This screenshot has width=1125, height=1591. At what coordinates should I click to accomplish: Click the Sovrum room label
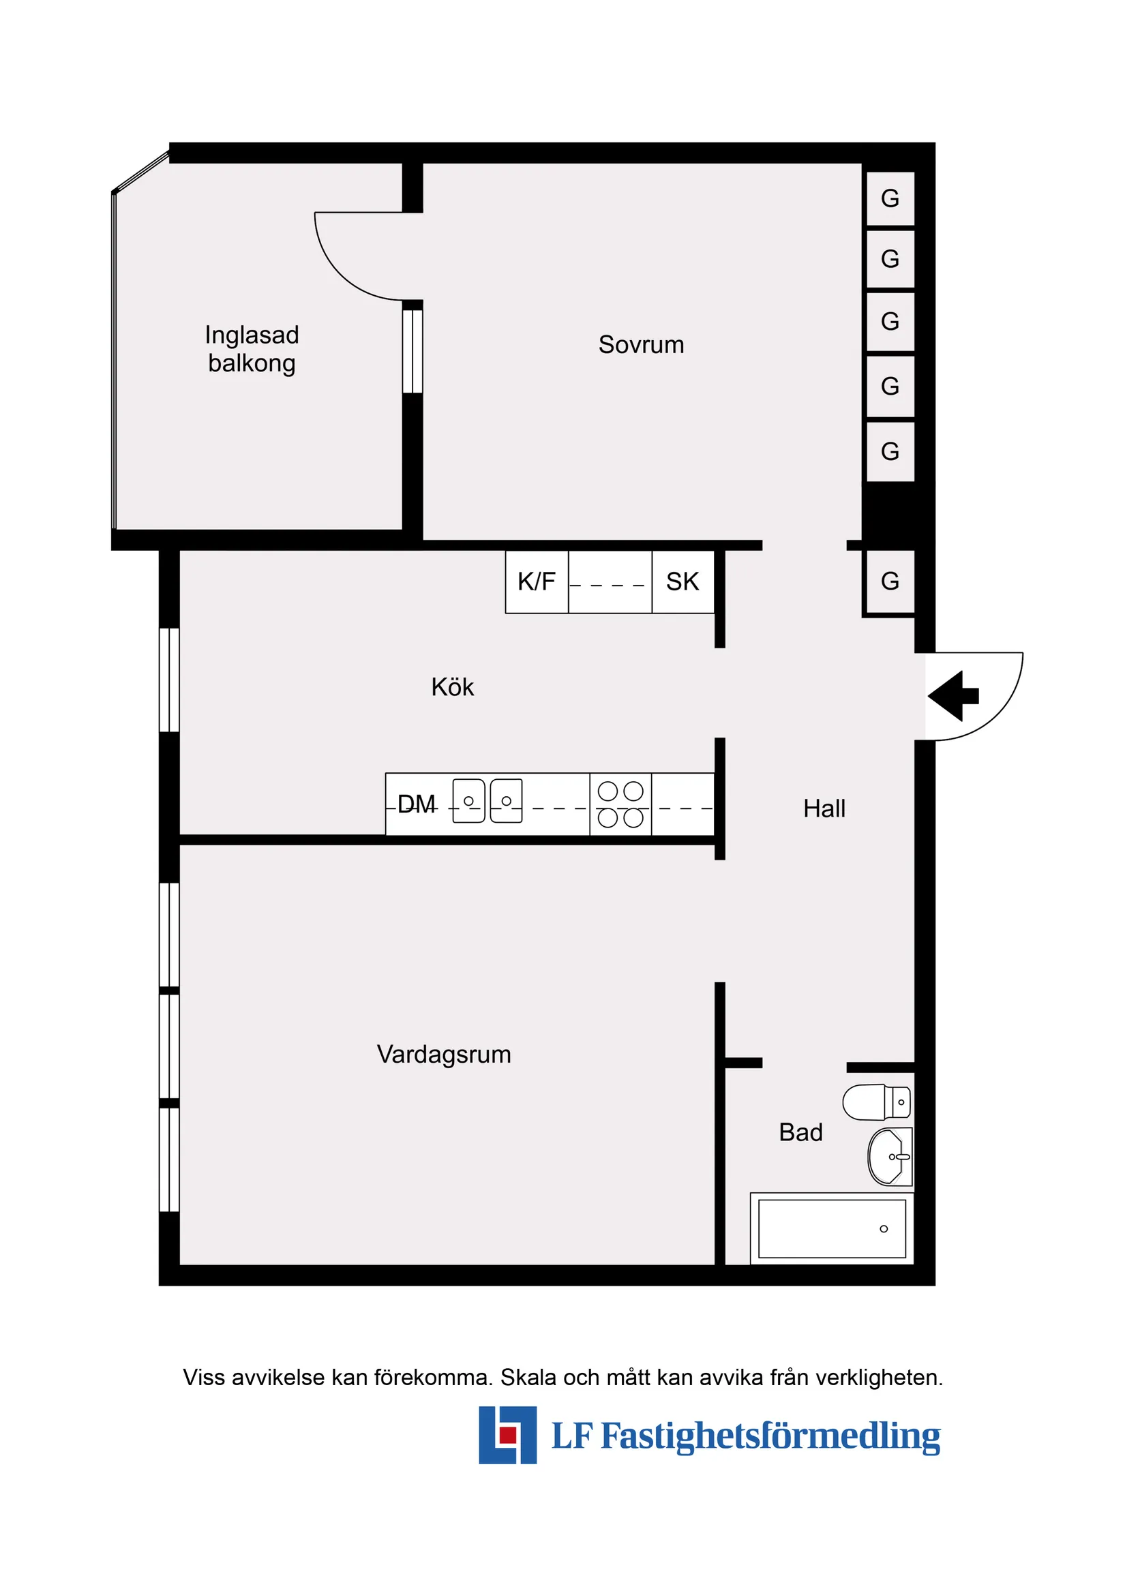(x=641, y=345)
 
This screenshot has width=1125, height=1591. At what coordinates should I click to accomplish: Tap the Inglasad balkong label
(x=252, y=349)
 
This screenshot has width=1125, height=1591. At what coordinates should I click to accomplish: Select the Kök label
(x=452, y=686)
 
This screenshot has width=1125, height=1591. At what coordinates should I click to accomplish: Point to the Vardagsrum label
(x=444, y=1055)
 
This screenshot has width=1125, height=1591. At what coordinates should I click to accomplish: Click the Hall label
(x=824, y=808)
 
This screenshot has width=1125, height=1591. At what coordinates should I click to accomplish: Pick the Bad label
(x=800, y=1132)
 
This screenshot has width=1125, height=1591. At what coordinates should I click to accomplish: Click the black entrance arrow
(x=953, y=696)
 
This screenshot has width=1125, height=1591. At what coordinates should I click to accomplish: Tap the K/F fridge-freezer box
(x=537, y=582)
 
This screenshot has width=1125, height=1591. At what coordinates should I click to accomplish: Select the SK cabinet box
(x=682, y=582)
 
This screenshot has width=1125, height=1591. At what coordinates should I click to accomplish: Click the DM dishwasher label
(x=417, y=804)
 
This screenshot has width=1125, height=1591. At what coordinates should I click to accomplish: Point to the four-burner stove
(x=620, y=804)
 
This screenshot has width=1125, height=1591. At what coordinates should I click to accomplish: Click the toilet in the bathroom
(x=876, y=1102)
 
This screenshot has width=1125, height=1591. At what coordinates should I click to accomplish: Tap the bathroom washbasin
(x=890, y=1157)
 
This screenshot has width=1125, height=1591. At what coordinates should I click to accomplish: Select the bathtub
(x=832, y=1228)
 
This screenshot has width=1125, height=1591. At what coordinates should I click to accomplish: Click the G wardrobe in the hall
(x=890, y=581)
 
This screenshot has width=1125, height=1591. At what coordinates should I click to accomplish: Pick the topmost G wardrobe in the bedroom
(x=890, y=199)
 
